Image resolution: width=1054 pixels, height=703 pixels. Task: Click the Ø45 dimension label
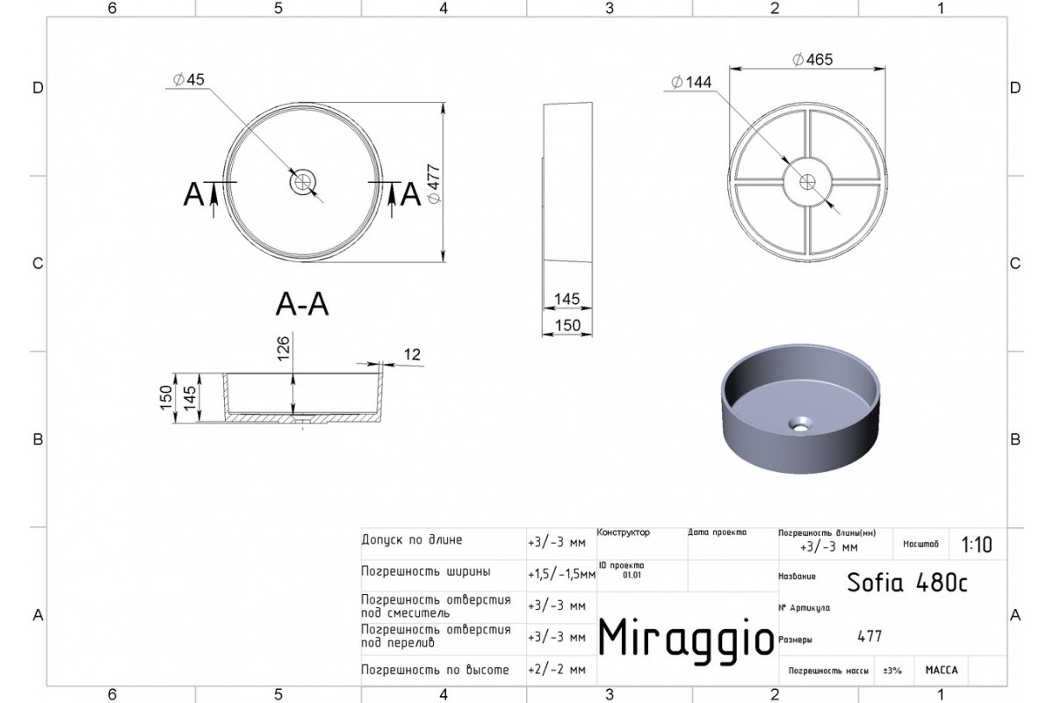[188, 80]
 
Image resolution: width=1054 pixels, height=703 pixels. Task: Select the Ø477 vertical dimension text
[434, 184]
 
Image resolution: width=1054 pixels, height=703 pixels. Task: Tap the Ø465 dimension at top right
[812, 60]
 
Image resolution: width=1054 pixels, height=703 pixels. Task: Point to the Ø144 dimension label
[691, 83]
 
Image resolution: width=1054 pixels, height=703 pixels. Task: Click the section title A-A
[302, 304]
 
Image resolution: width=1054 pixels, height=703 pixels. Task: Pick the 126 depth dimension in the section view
[283, 348]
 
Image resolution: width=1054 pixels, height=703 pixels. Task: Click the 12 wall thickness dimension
[412, 354]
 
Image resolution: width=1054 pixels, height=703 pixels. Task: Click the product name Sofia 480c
[907, 583]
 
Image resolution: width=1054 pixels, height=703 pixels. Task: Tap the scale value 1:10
[977, 545]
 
